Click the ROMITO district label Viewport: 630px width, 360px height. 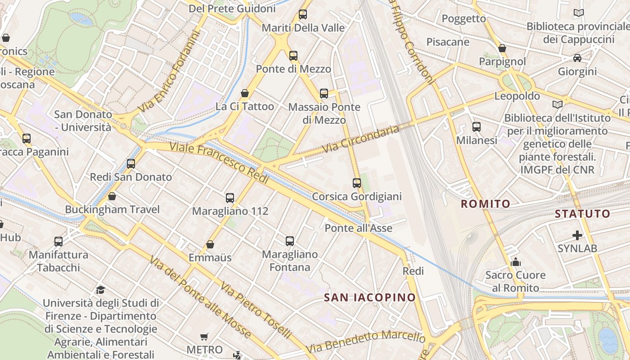click(486, 204)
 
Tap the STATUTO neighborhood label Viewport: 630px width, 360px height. click(582, 213)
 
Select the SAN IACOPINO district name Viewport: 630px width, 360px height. click(370, 297)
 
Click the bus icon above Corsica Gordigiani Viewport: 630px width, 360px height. click(357, 183)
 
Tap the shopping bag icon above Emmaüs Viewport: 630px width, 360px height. click(210, 244)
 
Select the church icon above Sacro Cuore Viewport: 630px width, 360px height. click(516, 262)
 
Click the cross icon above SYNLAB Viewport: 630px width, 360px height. click(577, 235)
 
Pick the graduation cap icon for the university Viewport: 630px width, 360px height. click(101, 290)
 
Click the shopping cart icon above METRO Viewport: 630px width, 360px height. click(204, 337)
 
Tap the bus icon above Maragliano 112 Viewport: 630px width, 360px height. click(230, 198)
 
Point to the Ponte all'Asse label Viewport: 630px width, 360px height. click(358, 228)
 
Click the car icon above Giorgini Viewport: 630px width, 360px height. click(577, 58)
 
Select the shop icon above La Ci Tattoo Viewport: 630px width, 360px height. click(245, 93)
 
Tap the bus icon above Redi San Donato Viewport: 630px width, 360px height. click(131, 164)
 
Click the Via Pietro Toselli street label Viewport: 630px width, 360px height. click(256, 310)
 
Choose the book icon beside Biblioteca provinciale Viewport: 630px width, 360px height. click(579, 13)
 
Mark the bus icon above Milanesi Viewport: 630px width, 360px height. click(477, 127)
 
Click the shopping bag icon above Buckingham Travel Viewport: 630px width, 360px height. click(112, 196)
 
